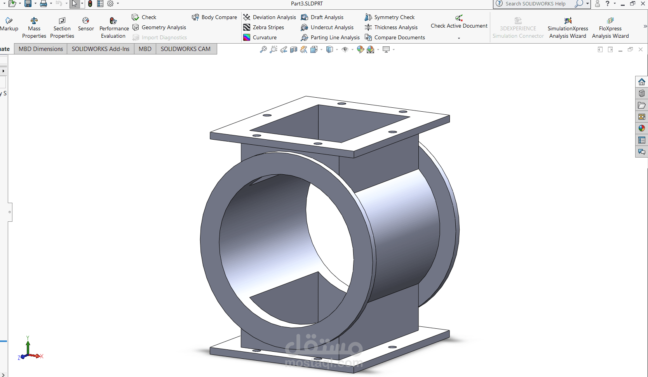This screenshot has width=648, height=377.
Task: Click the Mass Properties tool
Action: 34,28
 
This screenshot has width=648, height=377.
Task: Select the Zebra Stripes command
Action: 263,27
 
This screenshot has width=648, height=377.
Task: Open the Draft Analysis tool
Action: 322,17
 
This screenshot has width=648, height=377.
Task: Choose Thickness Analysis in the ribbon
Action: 391,27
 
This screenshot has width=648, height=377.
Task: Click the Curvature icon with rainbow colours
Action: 246,37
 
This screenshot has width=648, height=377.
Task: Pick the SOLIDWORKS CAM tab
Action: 185,49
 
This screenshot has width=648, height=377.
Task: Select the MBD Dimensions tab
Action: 40,49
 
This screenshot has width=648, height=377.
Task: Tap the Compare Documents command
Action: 395,37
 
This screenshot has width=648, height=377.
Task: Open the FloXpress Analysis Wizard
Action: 610,28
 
